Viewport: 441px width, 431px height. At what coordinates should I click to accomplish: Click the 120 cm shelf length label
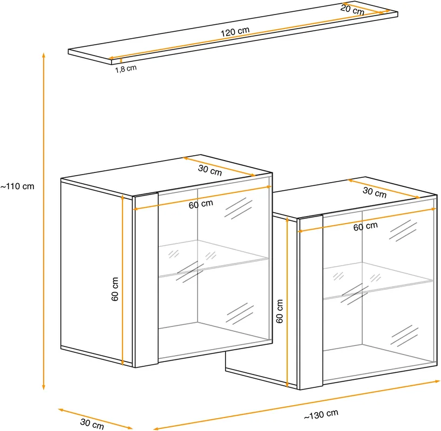[235, 32]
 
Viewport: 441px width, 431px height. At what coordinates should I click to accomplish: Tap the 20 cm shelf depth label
[352, 10]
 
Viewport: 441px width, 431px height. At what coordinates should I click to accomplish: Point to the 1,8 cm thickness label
[126, 69]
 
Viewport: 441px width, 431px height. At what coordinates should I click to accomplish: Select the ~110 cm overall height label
[17, 186]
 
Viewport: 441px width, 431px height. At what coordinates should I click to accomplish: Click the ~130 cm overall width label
[321, 414]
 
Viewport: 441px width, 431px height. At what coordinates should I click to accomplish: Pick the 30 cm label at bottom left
[92, 423]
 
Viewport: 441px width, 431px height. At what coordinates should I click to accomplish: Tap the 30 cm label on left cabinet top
[210, 170]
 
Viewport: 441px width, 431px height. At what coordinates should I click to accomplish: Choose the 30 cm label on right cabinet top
[375, 192]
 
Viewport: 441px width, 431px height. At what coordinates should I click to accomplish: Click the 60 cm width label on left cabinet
[201, 204]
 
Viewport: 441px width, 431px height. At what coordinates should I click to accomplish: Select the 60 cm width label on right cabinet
[365, 226]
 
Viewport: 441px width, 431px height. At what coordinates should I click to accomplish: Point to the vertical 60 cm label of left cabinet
[115, 289]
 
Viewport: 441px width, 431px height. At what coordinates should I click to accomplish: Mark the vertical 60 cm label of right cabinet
[279, 311]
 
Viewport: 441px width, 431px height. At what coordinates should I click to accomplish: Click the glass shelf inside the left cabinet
[214, 258]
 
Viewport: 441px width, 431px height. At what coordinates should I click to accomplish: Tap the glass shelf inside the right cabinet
[378, 281]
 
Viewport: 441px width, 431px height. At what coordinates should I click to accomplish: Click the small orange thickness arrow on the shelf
[121, 60]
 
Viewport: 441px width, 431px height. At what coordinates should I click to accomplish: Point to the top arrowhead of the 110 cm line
[44, 55]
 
